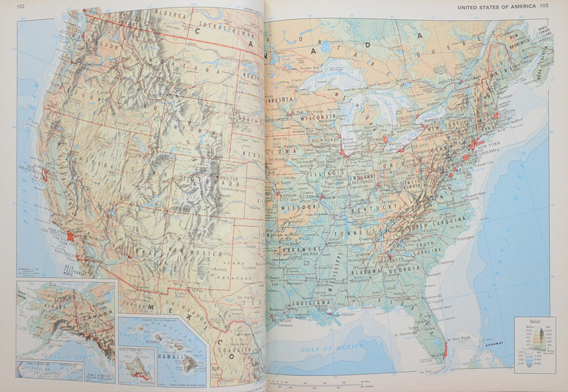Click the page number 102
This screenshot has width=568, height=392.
pos(22,6)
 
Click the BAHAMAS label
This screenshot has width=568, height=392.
pos(490,344)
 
